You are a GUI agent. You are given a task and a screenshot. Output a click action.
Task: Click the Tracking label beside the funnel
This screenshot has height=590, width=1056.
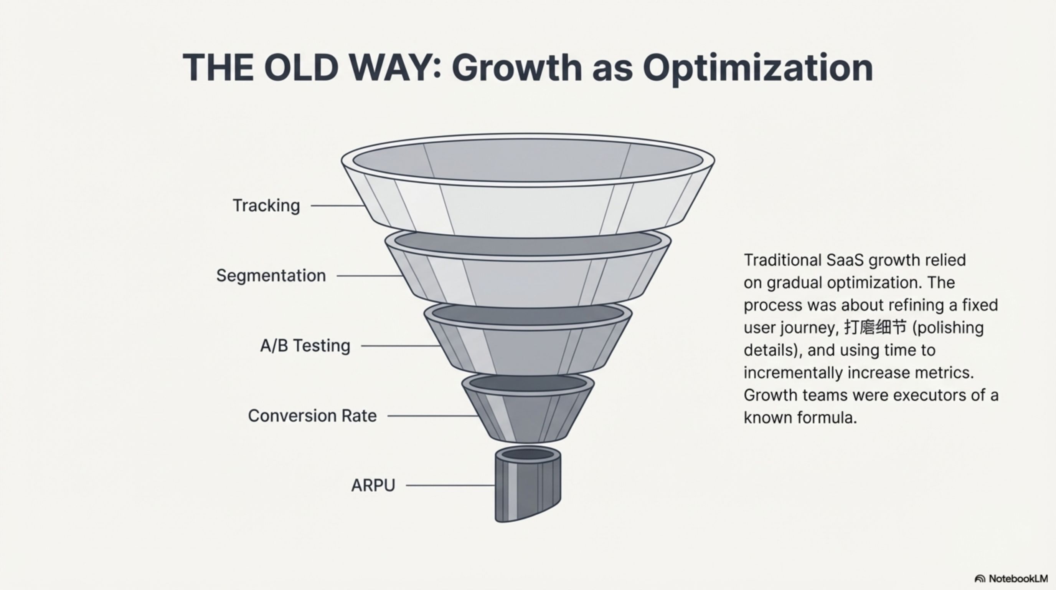pyautogui.click(x=266, y=206)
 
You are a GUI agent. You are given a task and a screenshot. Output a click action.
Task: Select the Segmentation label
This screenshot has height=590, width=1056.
pyautogui.click(x=271, y=275)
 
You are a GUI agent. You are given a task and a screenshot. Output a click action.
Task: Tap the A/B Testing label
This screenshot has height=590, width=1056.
pyautogui.click(x=305, y=345)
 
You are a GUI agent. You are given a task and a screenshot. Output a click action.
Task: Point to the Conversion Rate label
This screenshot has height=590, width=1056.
pyautogui.click(x=312, y=416)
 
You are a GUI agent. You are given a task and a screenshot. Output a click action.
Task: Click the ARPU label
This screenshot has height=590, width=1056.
pyautogui.click(x=373, y=486)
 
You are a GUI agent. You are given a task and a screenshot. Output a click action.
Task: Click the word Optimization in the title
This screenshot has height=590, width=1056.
pyautogui.click(x=757, y=68)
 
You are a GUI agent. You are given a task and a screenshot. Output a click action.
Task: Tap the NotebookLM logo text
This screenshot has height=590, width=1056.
pyautogui.click(x=1018, y=578)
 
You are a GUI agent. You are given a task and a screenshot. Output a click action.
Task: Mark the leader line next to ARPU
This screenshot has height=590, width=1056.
pyautogui.click(x=450, y=486)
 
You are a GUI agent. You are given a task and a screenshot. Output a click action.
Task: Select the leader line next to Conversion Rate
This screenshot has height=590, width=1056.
pyautogui.click(x=433, y=416)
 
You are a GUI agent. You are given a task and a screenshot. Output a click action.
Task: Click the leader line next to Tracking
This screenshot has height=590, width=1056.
pyautogui.click(x=338, y=206)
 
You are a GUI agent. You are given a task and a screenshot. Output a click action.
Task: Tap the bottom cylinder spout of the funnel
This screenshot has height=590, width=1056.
pyautogui.click(x=528, y=484)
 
